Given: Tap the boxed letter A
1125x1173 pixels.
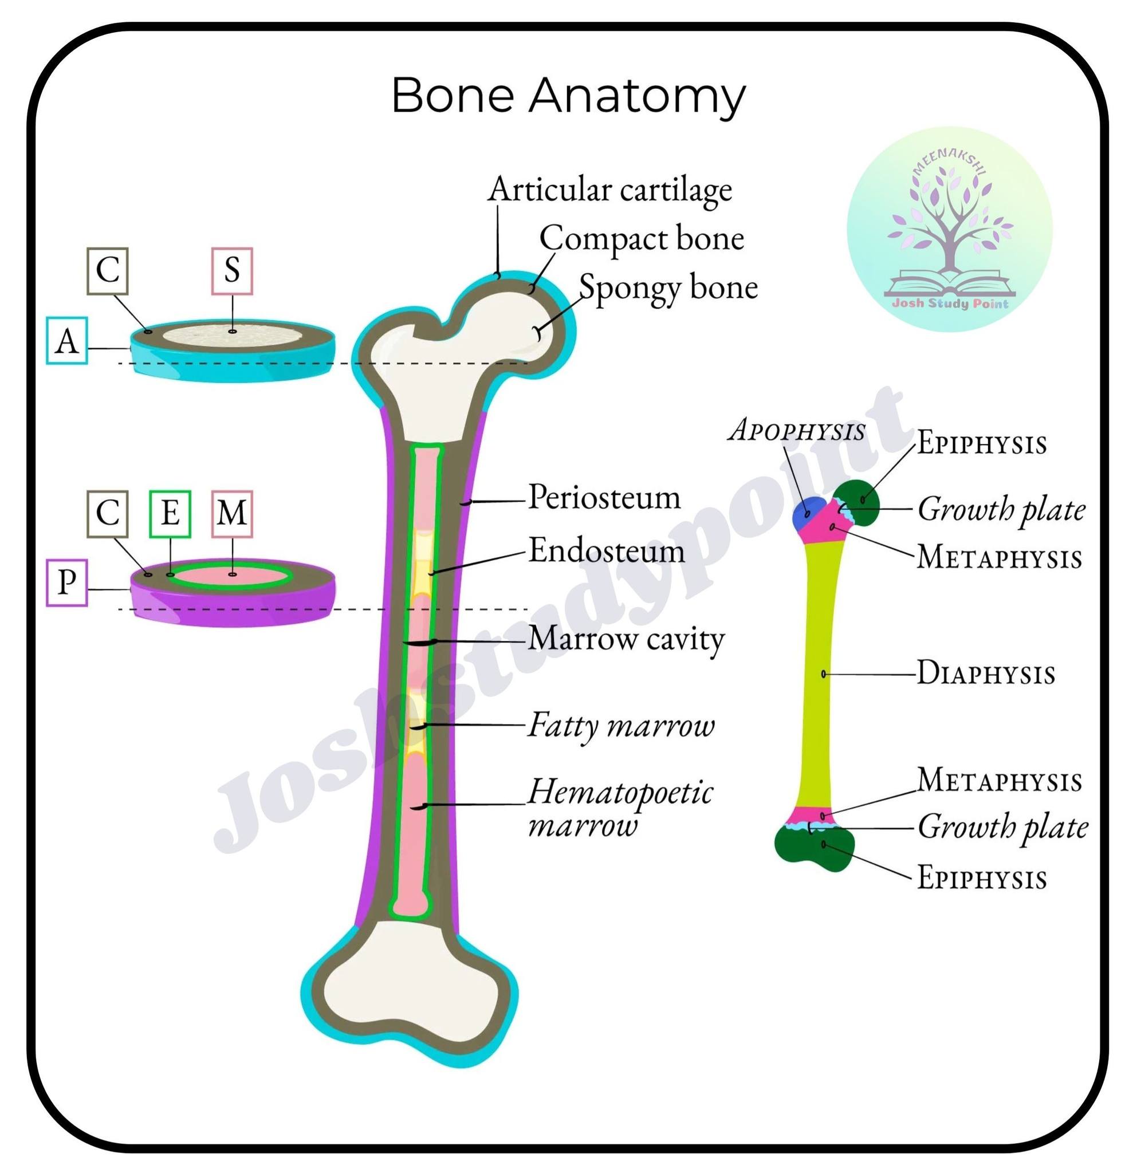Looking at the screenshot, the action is point(66,341).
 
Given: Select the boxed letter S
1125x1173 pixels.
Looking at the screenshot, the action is point(231,270).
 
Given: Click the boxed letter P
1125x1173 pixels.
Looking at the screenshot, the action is point(66,582).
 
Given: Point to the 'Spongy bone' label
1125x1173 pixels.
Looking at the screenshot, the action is point(668,289).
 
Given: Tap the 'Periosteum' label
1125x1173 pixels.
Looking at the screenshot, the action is point(604,497).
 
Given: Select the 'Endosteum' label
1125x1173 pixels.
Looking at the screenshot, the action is point(606,550).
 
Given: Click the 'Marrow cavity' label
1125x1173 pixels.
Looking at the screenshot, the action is point(626,639).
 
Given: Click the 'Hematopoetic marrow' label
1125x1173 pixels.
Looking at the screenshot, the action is point(620,808).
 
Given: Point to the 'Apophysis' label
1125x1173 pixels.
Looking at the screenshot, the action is point(796,430).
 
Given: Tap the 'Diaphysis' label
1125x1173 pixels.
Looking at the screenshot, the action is point(986,674).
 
